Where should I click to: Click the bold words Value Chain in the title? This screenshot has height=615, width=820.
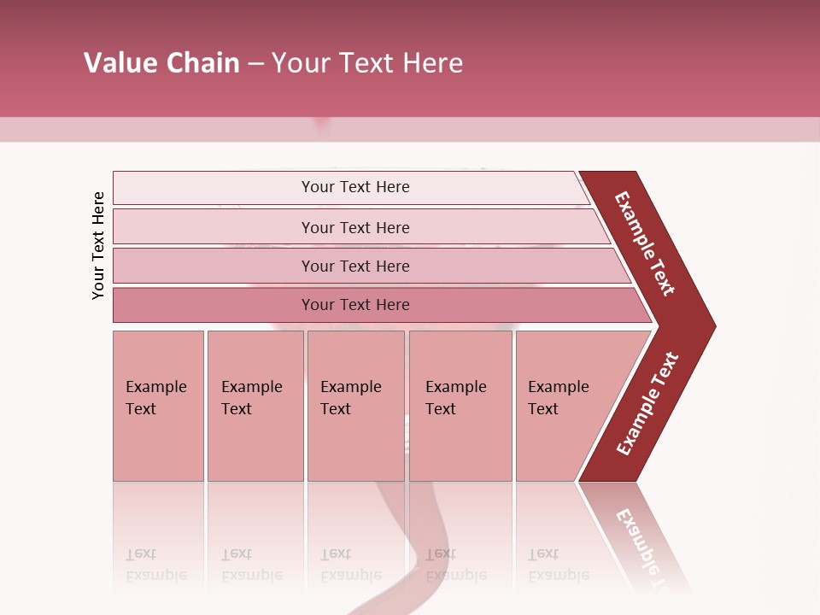pos(161,63)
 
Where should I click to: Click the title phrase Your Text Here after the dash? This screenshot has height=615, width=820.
pos(367,63)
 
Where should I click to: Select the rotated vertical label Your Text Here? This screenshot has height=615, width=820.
pos(98,245)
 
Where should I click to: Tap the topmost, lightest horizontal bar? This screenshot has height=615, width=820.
pos(354,187)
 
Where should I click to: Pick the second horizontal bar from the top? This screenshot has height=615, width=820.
pos(354,227)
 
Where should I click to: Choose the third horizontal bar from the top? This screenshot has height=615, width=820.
pos(354,266)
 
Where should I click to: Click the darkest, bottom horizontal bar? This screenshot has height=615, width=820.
pos(354,305)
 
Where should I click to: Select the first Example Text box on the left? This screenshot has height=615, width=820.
pos(158,405)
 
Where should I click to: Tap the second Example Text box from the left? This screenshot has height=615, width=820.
pos(255,405)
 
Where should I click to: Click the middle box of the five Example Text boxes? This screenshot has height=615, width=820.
pos(355,405)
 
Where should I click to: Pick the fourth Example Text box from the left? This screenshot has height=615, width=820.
pos(460,405)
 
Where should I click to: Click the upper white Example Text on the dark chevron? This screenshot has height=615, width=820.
pos(645,243)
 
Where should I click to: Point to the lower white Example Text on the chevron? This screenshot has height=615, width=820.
pos(647,403)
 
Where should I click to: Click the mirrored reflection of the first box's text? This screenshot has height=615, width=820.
pos(155,565)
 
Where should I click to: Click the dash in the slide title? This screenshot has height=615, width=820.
pos(255,64)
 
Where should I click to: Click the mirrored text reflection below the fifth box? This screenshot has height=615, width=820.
pos(558,565)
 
